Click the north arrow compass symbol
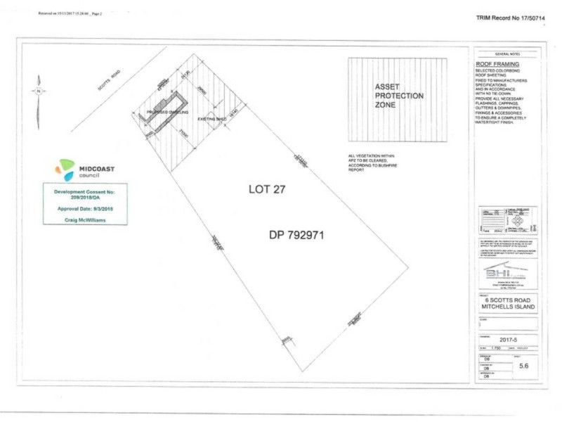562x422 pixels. [x=39, y=91]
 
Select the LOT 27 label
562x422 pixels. [x=268, y=189]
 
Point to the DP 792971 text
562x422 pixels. [x=296, y=235]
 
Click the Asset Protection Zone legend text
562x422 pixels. [x=398, y=96]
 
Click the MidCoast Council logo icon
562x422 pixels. [x=65, y=170]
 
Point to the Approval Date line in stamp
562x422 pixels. [x=85, y=209]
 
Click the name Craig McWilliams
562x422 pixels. [x=85, y=219]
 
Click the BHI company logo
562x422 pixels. [x=506, y=272]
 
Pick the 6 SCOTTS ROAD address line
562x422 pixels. [x=507, y=300]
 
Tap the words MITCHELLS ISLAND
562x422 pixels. [x=507, y=307]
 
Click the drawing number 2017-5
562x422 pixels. [x=507, y=338]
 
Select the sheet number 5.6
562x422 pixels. [x=523, y=366]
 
